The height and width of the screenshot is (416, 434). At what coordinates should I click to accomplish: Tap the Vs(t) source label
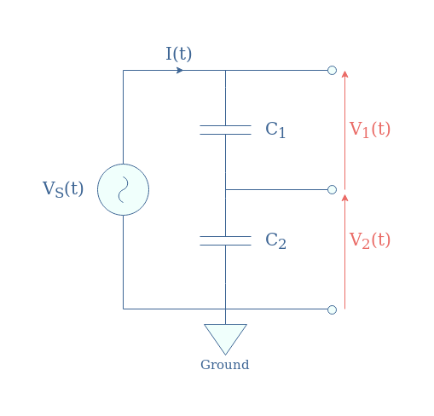coord(63,189)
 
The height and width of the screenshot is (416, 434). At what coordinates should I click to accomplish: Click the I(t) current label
coord(179,54)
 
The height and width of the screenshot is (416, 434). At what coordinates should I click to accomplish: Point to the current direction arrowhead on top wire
coord(180,70)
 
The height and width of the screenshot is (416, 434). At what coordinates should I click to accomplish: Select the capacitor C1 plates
coord(225,130)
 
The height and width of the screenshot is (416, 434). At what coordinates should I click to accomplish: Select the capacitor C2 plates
coord(225,240)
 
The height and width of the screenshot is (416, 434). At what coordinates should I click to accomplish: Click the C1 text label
coord(275,130)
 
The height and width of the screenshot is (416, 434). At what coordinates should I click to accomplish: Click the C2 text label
coord(275,240)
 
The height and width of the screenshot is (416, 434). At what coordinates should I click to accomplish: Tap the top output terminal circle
coord(332,70)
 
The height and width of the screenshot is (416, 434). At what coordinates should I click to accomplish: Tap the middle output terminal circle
coord(332,189)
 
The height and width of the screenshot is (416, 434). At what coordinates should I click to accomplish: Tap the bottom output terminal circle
coord(332,309)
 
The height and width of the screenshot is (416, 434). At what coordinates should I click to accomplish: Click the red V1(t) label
coord(370,130)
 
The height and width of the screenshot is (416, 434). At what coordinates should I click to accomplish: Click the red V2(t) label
coord(370,240)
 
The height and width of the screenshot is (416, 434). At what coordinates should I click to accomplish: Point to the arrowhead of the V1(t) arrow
coord(344,72)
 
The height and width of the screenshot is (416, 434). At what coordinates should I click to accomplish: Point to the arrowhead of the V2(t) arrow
coord(344,195)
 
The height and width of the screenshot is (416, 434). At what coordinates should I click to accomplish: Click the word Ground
coord(225,365)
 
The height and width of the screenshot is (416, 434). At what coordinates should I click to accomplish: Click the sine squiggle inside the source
coord(123,189)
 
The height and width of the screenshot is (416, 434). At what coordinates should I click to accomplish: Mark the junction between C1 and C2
coord(225,189)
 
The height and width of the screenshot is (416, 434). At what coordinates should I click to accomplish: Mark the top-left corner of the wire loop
coord(123,70)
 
